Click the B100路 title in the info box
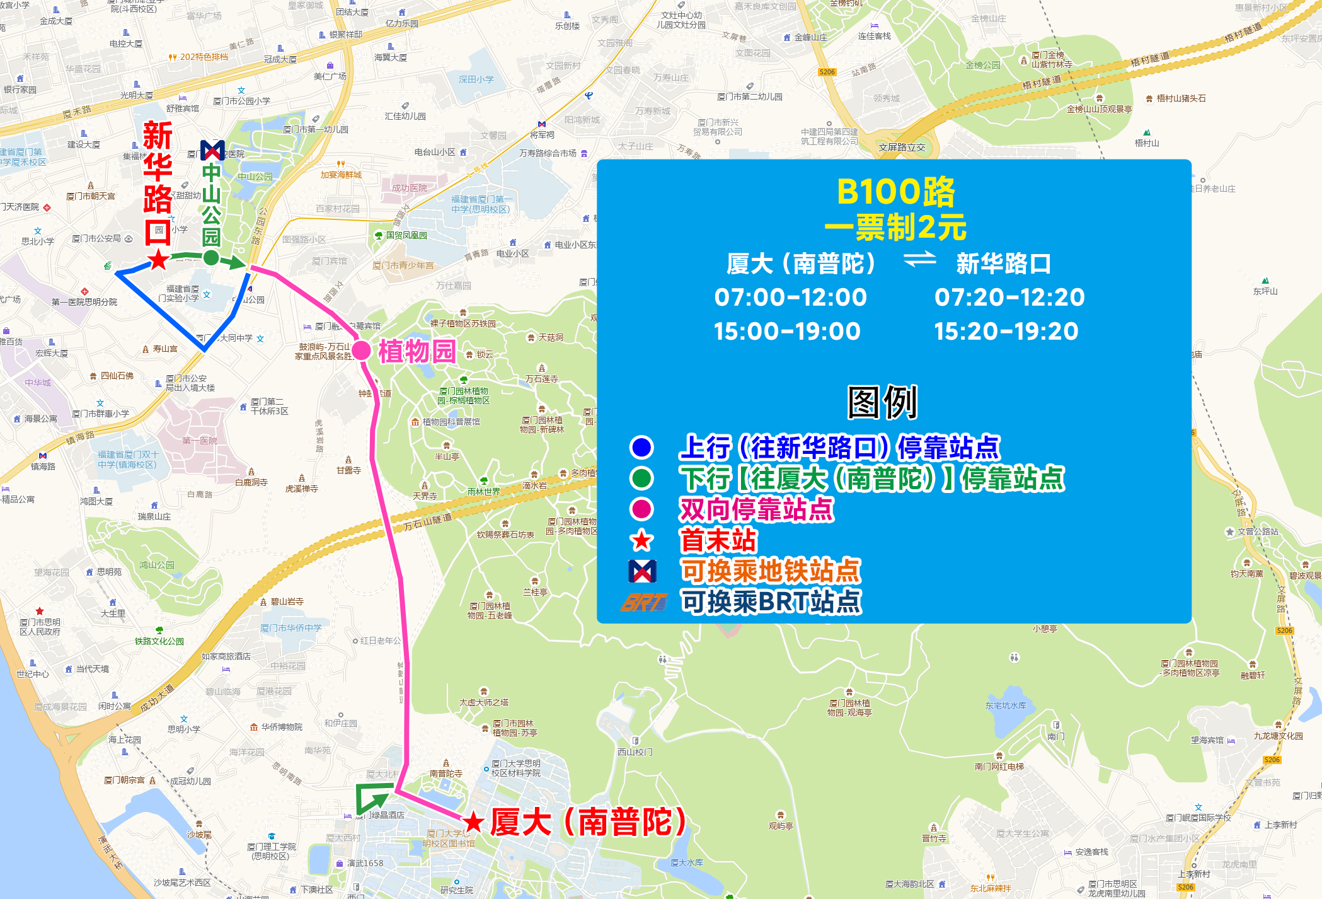tap(895, 192)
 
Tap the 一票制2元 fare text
tap(895, 228)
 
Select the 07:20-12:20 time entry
tap(1009, 298)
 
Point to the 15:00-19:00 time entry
tap(787, 332)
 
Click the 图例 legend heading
tap(882, 402)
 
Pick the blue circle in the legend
tap(641, 448)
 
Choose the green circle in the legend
tap(641, 478)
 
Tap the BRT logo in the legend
tap(642, 603)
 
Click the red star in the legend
tap(641, 540)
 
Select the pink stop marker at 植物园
tap(361, 351)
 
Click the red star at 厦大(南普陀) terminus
tap(473, 822)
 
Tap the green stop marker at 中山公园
tap(211, 257)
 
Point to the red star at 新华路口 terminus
tap(158, 259)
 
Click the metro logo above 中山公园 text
tap(212, 150)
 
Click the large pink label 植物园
tap(417, 352)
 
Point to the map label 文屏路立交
tap(902, 148)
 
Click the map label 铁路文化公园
tap(159, 641)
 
